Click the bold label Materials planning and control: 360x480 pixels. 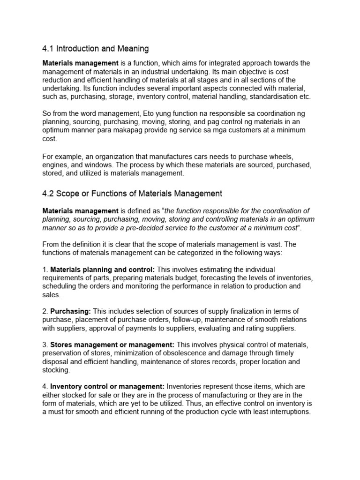103,270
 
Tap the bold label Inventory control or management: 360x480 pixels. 107,387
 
